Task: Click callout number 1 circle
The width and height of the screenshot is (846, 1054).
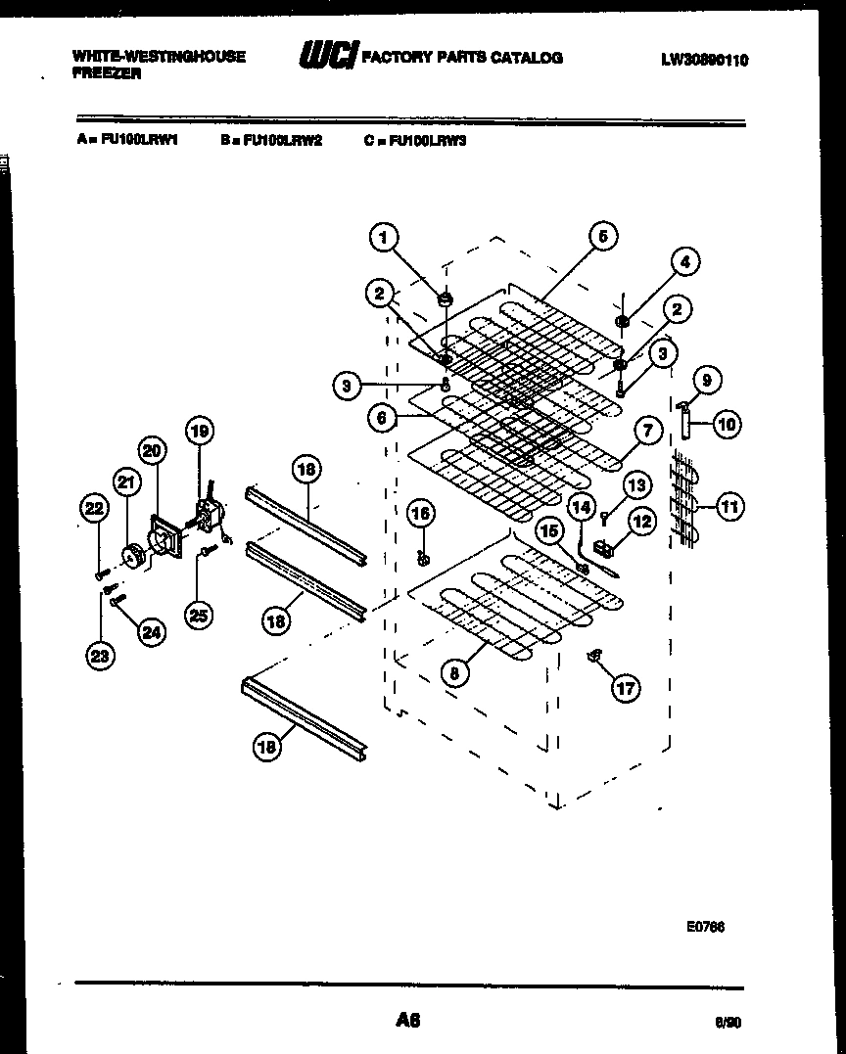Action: click(384, 237)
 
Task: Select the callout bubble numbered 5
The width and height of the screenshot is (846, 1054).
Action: click(602, 237)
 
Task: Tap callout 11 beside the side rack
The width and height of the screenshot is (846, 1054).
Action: click(730, 506)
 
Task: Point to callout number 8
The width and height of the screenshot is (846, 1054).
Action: click(453, 672)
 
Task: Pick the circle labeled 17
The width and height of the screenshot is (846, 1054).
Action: click(624, 688)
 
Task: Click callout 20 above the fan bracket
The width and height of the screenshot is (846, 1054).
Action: click(152, 451)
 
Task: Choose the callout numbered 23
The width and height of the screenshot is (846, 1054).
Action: click(100, 657)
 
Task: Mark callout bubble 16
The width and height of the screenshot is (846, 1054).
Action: click(420, 513)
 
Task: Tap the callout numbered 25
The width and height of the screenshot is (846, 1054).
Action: click(199, 614)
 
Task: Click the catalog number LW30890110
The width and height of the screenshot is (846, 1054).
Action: click(704, 61)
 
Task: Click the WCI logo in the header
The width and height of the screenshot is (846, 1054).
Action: click(328, 57)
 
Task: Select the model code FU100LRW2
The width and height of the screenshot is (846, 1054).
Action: click(282, 140)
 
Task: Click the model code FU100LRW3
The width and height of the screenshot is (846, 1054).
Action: click(428, 140)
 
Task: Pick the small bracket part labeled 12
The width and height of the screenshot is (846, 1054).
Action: click(608, 537)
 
